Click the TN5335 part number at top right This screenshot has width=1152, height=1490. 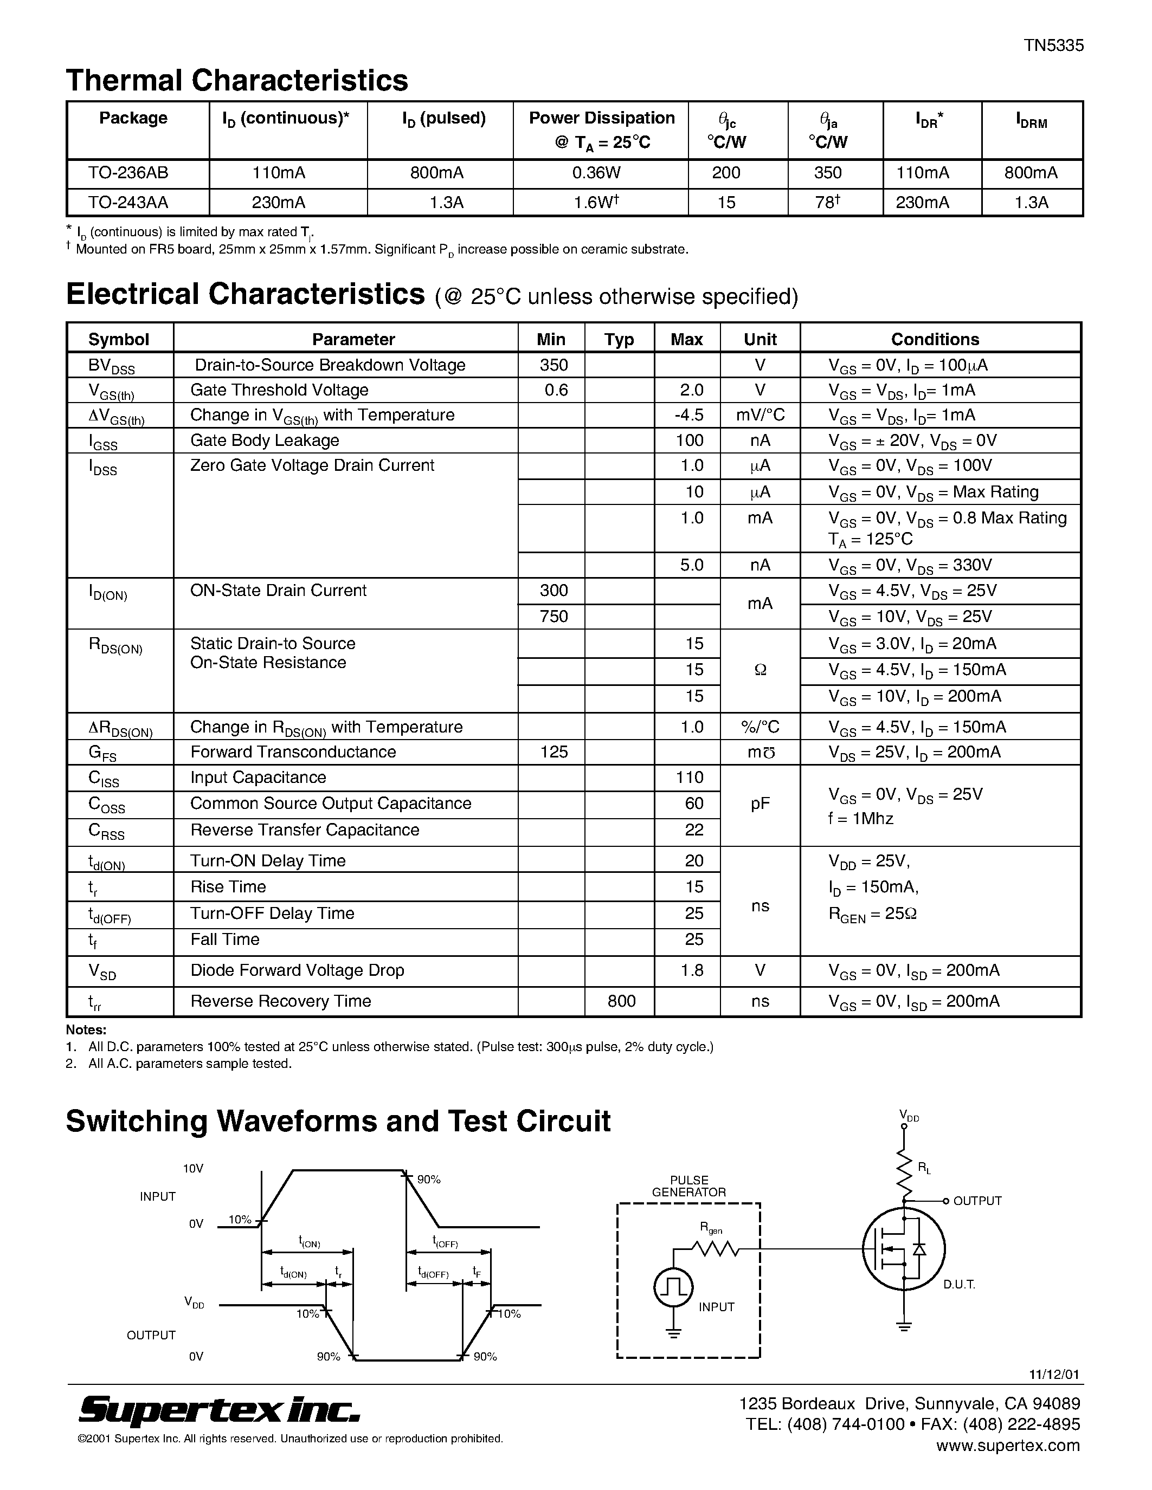coord(1053,46)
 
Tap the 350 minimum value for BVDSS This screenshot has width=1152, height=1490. coord(554,365)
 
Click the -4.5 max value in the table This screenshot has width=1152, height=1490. coord(688,415)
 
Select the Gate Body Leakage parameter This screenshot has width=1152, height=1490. coord(264,440)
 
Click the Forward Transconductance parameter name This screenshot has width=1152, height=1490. coord(293,752)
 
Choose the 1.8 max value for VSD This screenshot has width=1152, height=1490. coord(691,970)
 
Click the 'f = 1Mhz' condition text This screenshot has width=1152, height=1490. coord(860,818)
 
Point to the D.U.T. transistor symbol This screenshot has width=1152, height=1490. coord(904,1249)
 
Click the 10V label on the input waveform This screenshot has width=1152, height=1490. coord(193,1169)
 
